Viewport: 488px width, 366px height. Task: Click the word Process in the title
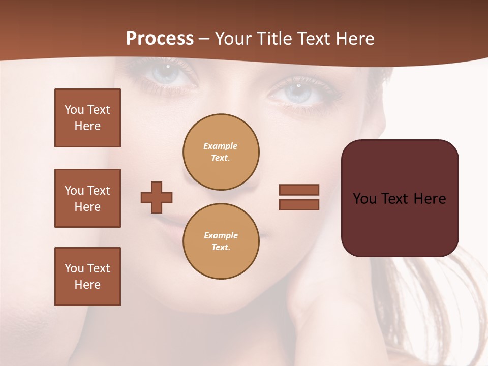[x=160, y=39]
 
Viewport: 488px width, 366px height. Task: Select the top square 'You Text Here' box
[x=87, y=118]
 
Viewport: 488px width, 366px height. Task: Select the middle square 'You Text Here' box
[x=87, y=198]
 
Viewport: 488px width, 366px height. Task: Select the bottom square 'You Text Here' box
[x=87, y=276]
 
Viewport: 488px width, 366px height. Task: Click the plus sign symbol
[x=157, y=197]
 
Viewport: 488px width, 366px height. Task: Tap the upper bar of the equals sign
[x=299, y=190]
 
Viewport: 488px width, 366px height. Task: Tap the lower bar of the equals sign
[x=299, y=204]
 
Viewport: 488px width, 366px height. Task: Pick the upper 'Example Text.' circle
[x=221, y=152]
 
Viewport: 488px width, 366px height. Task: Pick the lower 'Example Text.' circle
[x=221, y=241]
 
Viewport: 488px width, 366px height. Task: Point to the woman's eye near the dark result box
[x=297, y=93]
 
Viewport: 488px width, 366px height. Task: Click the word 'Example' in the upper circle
[x=220, y=146]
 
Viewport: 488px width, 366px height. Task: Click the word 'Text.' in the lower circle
[x=221, y=247]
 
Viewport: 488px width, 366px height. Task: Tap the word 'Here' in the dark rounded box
[x=430, y=199]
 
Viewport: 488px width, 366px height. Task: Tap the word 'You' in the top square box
[x=74, y=110]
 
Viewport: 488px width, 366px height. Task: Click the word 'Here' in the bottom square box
[x=87, y=285]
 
